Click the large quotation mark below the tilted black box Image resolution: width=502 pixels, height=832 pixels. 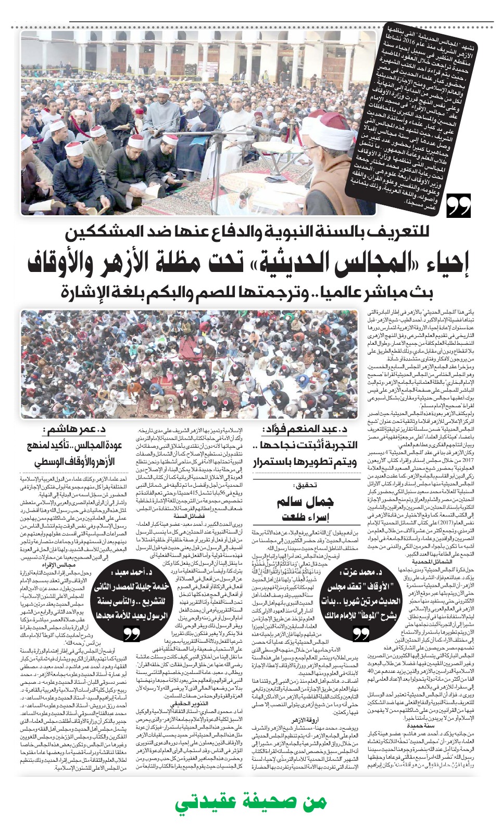pyautogui.click(x=458, y=206)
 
